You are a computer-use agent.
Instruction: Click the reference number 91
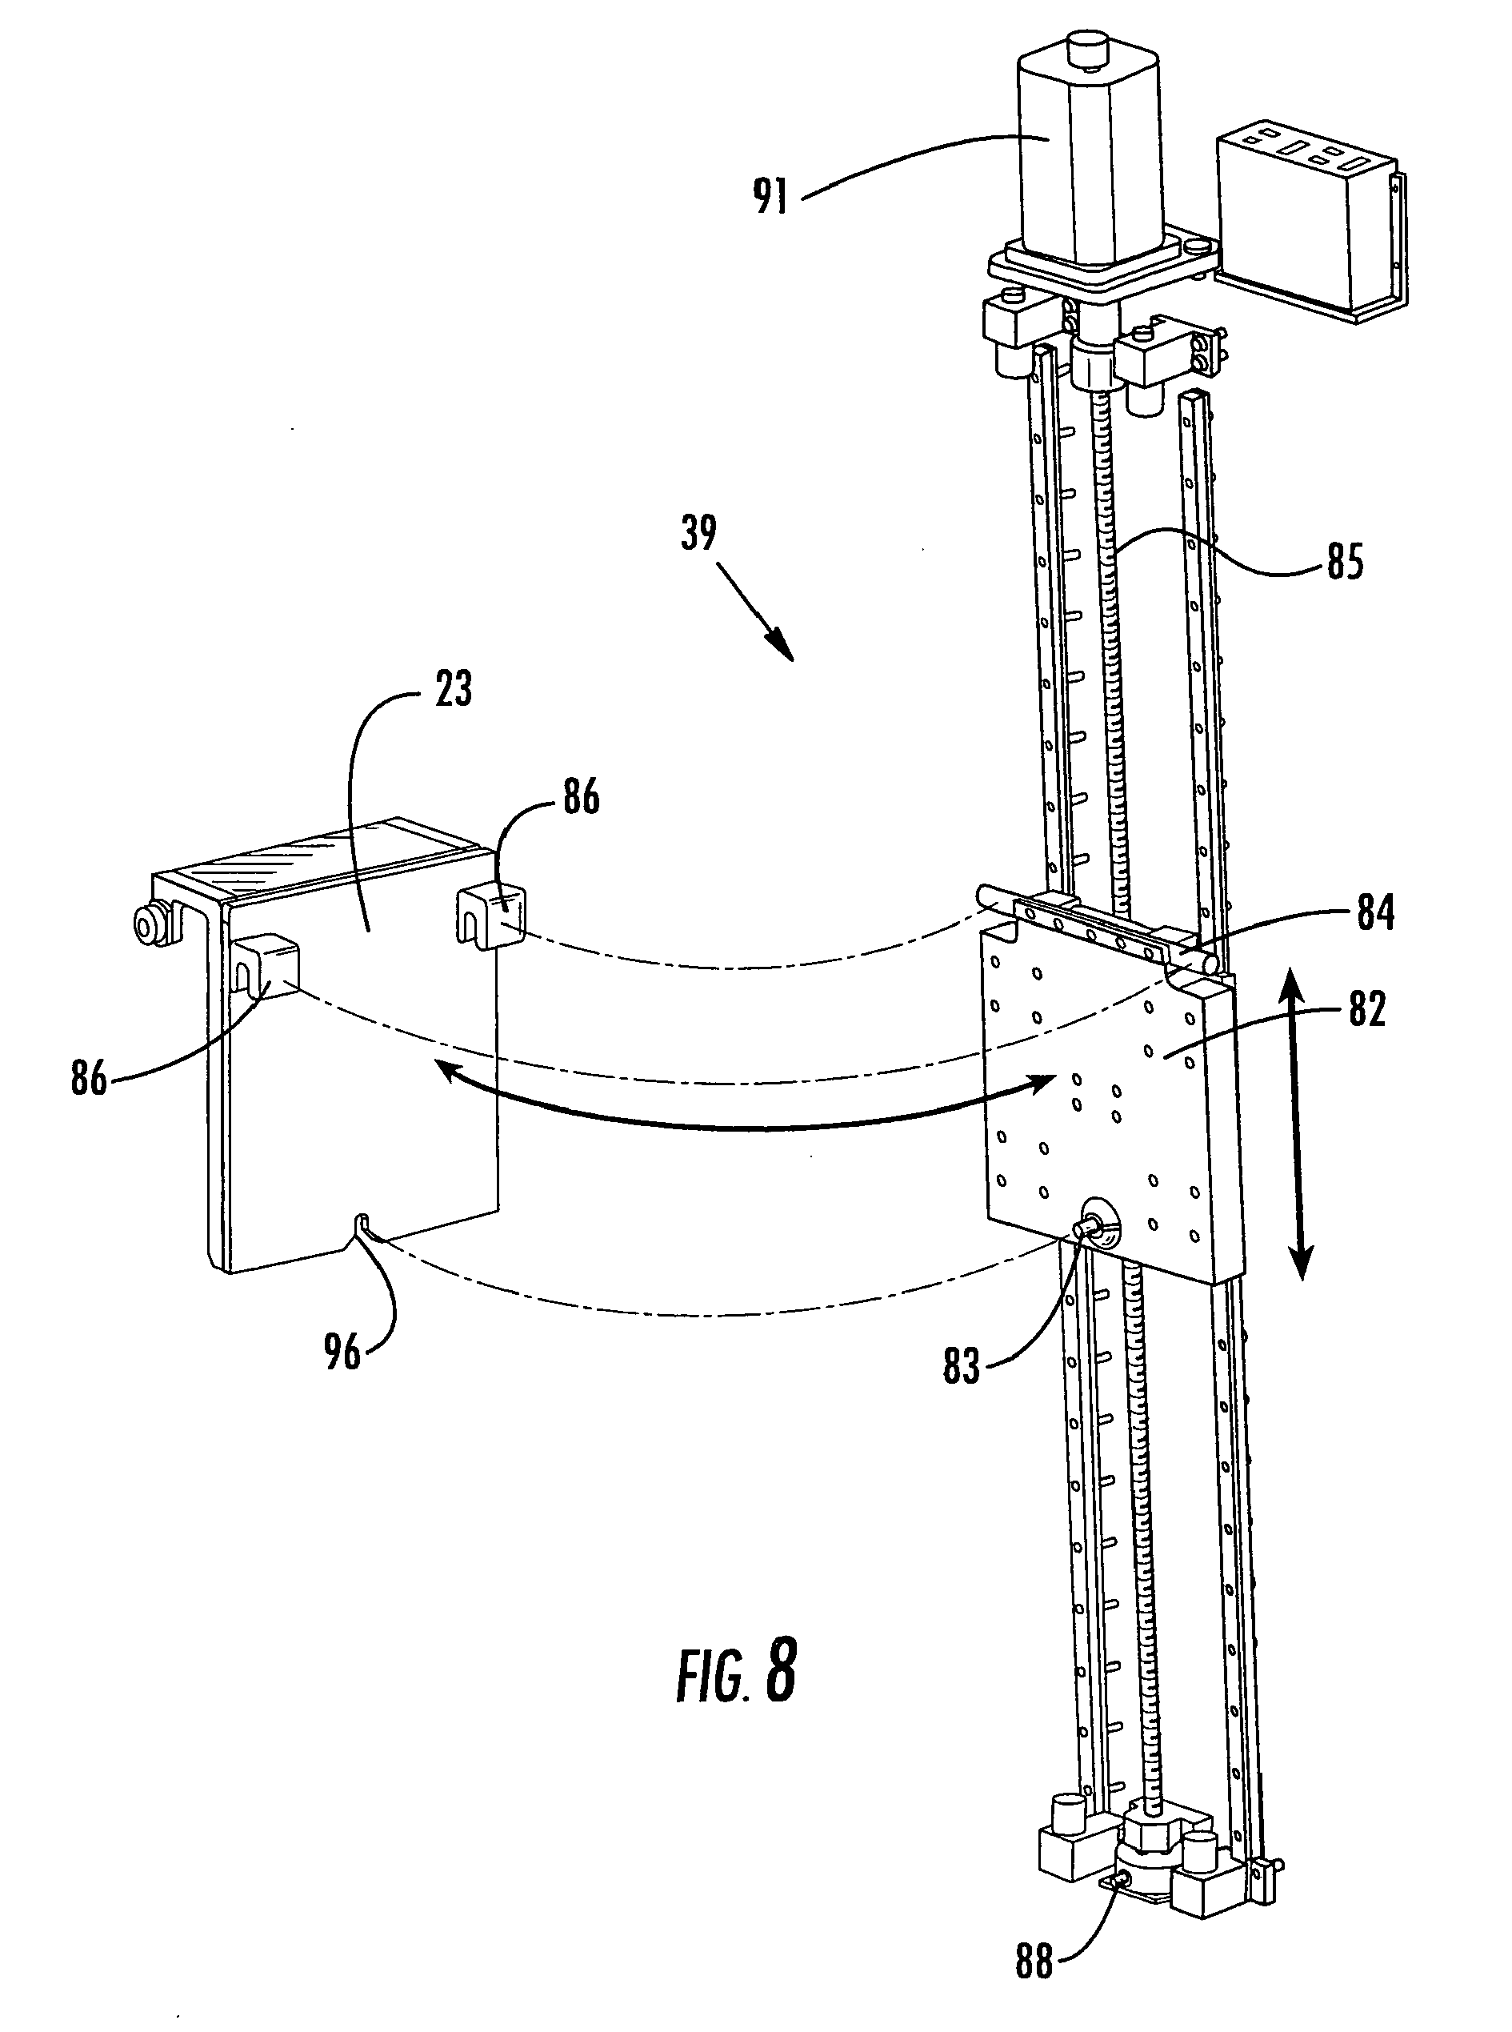pos(770,195)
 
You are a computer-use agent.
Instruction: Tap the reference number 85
pos(1345,561)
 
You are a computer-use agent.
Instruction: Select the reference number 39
pos(698,533)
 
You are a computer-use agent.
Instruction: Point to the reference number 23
pos(453,688)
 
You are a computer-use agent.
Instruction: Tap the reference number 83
pos(961,1366)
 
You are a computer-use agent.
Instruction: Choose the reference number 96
pos(342,1352)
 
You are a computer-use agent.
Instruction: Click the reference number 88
pos(1034,1961)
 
